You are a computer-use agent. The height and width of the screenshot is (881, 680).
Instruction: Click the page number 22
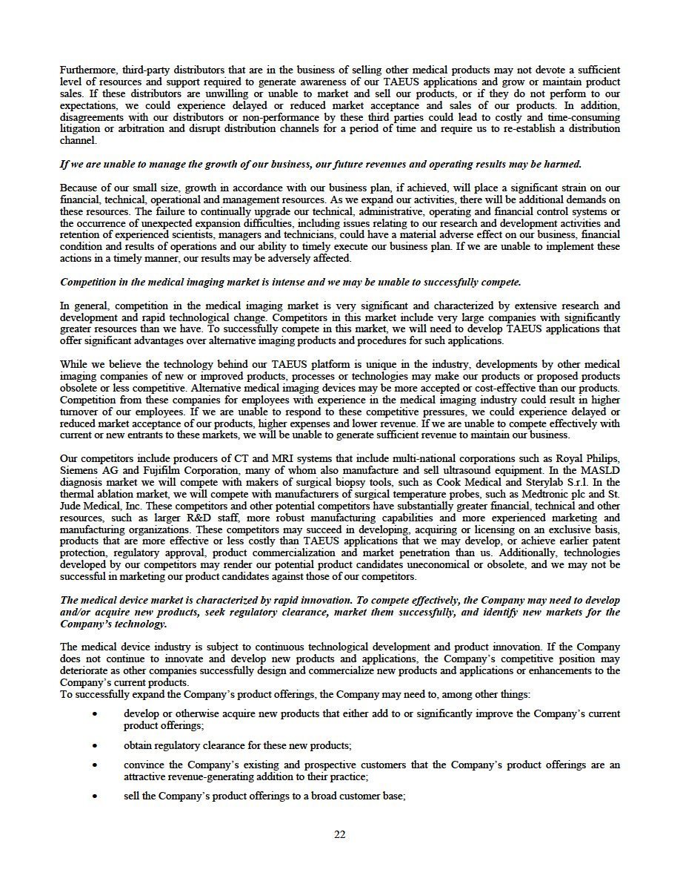click(x=340, y=834)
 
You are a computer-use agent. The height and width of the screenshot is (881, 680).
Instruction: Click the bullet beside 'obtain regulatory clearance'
click(x=95, y=745)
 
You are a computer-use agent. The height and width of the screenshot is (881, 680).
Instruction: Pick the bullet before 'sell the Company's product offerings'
click(x=95, y=796)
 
